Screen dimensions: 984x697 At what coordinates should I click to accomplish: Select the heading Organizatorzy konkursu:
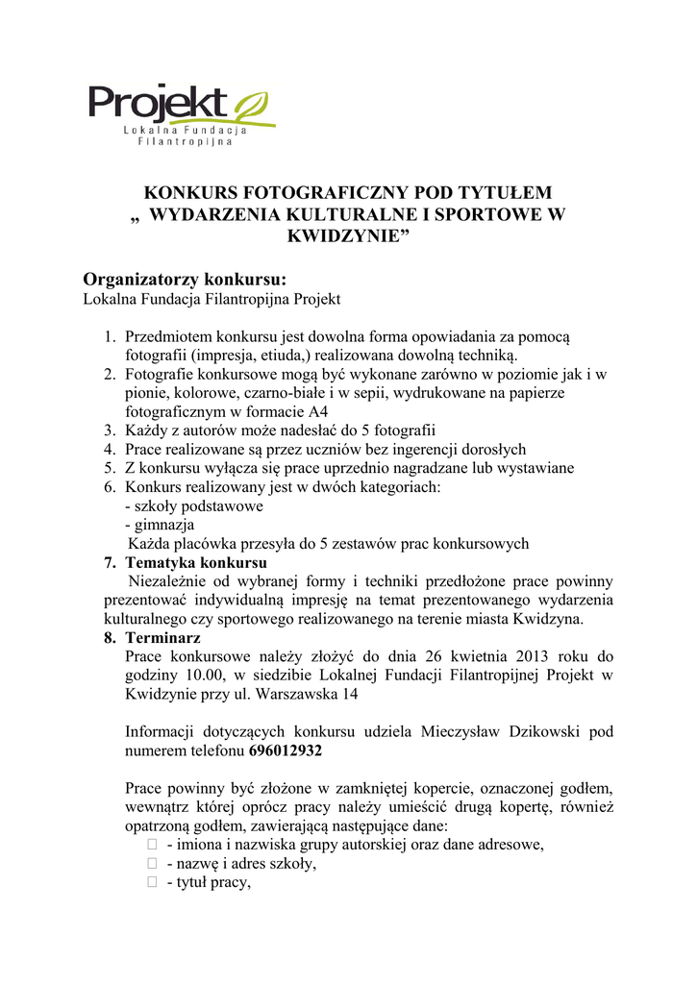tap(186, 280)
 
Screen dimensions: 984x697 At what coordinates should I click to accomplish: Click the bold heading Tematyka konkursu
tap(196, 562)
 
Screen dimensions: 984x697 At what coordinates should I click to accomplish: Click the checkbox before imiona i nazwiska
tap(152, 845)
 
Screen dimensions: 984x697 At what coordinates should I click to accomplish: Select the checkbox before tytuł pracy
tap(152, 883)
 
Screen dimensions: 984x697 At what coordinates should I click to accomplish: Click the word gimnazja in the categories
tap(163, 525)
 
